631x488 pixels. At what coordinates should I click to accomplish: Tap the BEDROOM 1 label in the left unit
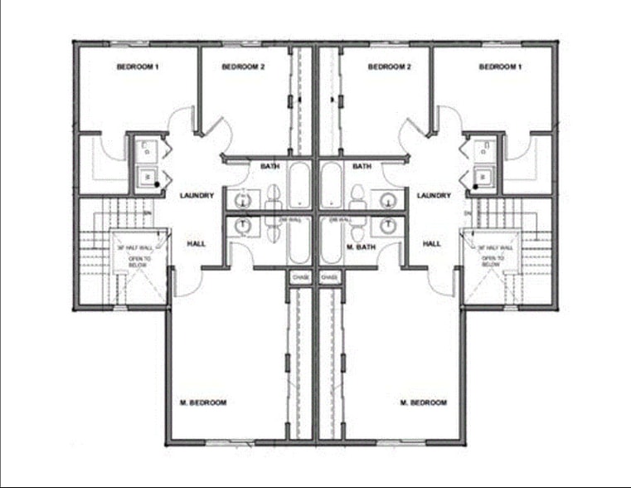click(x=138, y=66)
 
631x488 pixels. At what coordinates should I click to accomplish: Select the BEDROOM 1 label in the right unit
click(x=500, y=66)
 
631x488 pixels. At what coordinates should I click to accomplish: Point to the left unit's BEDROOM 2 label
click(x=243, y=66)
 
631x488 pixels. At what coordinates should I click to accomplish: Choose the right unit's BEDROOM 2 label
click(x=390, y=66)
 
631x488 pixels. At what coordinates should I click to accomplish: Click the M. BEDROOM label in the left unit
click(x=204, y=403)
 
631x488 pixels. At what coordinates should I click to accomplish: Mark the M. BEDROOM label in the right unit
click(x=424, y=403)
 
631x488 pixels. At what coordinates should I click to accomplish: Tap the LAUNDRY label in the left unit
click(x=197, y=196)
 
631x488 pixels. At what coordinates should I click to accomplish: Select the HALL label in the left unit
click(x=197, y=244)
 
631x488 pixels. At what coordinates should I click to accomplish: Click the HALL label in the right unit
click(x=432, y=244)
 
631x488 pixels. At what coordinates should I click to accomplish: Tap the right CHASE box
click(x=329, y=277)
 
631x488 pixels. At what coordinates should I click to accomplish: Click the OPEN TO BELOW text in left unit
click(x=138, y=261)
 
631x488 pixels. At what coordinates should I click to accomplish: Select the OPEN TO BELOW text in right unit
click(x=494, y=261)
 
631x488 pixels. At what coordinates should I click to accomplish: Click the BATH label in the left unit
click(x=270, y=166)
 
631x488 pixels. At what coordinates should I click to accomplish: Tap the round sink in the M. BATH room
click(x=386, y=225)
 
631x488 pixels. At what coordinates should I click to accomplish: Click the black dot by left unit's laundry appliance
click(x=156, y=183)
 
